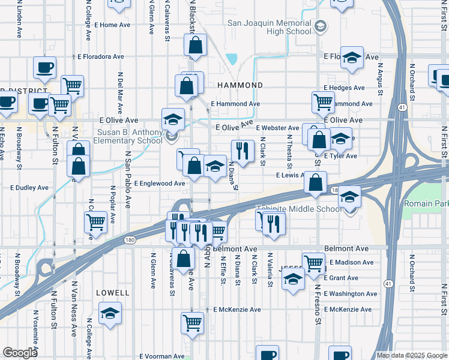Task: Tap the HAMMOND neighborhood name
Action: pyautogui.click(x=240, y=86)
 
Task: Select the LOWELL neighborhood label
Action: pyautogui.click(x=112, y=293)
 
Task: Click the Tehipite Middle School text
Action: pyautogui.click(x=299, y=209)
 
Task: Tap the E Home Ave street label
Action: pyautogui.click(x=112, y=25)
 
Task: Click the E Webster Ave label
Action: pyautogui.click(x=277, y=128)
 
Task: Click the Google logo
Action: pyautogui.click(x=20, y=353)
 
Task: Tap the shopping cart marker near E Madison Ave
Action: pyautogui.click(x=313, y=262)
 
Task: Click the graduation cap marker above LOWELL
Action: pyautogui.click(x=109, y=313)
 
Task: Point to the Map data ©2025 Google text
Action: pyautogui.click(x=411, y=355)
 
